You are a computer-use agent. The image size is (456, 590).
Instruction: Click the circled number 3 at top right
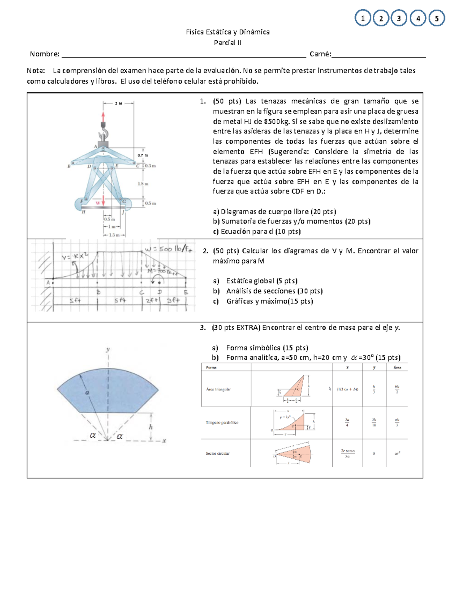coord(399,18)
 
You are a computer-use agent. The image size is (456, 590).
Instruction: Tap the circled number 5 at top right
coord(437,18)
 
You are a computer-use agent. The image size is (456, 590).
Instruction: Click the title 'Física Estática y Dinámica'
coord(228,32)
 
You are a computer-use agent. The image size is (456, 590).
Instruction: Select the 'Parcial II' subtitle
coord(228,43)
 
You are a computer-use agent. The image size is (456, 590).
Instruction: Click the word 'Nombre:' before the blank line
coord(44,54)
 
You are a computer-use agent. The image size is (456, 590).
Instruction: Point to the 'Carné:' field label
coord(320,54)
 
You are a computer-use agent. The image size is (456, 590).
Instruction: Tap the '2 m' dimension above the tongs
coord(118,103)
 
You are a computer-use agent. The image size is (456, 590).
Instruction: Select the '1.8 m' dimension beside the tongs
coord(143,183)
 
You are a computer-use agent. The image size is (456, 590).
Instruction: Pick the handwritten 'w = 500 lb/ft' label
coord(168,249)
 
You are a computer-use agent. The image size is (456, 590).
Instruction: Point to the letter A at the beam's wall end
coord(48,282)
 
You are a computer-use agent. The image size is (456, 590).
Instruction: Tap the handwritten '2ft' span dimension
coord(151,300)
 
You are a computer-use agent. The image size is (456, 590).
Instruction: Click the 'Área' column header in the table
coord(397,367)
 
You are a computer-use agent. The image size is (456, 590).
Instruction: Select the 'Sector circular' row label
coord(217,453)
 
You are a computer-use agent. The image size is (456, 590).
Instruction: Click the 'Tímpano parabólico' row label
coord(222,422)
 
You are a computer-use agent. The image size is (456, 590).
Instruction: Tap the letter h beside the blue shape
coord(151,427)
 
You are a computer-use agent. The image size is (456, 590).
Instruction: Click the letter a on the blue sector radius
coord(87,392)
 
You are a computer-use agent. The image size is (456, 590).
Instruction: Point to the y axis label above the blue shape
coord(108,349)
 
